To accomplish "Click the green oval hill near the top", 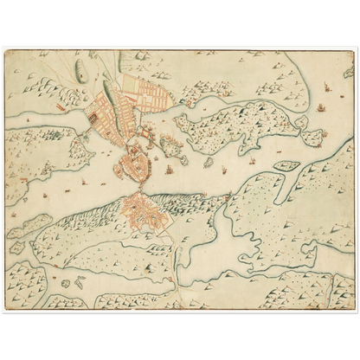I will coord(81,70).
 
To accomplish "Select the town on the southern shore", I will coord(143,212).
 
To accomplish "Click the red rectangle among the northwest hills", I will coord(61,106).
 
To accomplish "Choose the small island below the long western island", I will coord(17,247).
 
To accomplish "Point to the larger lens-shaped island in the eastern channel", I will coord(285,165).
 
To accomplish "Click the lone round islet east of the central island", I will coord(209,162).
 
